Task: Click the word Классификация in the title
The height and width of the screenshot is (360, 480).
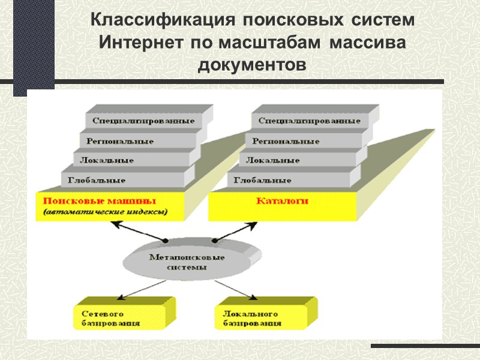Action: (x=163, y=20)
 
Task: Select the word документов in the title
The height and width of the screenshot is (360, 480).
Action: (x=251, y=64)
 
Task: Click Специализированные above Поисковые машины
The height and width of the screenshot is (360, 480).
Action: (x=143, y=121)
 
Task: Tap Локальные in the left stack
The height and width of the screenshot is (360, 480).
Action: (x=107, y=161)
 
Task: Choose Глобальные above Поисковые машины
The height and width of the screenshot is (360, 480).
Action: (x=97, y=180)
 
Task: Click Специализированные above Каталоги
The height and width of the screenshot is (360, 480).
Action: (x=310, y=121)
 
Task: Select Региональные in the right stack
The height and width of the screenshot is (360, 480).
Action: (x=286, y=142)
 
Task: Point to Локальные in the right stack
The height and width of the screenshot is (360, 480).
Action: (x=273, y=161)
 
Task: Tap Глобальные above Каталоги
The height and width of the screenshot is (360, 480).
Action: (x=263, y=180)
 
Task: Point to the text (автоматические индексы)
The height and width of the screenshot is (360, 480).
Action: (x=104, y=212)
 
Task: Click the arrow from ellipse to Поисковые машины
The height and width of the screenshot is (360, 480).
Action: (x=136, y=232)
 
